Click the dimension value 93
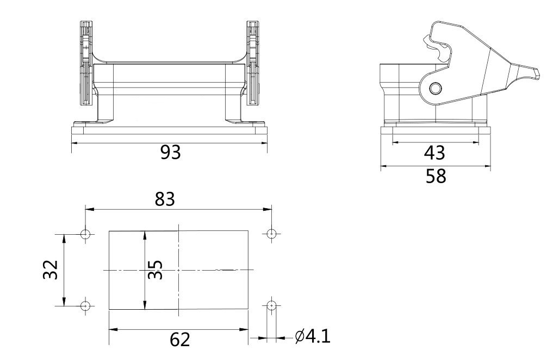pos(170,153)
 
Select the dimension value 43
pos(434,153)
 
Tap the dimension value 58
pos(435,176)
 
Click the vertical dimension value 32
pos(51,270)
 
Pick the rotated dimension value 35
pos(155,269)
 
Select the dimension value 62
pos(179,340)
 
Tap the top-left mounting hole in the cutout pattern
pos(85,234)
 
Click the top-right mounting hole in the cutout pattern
pos(271,234)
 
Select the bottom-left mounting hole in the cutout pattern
pos(85,305)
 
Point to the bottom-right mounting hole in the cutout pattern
pos(271,305)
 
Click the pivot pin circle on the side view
pos(434,89)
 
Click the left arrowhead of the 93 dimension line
pos(74,143)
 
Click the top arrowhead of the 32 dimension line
pos(64,237)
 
